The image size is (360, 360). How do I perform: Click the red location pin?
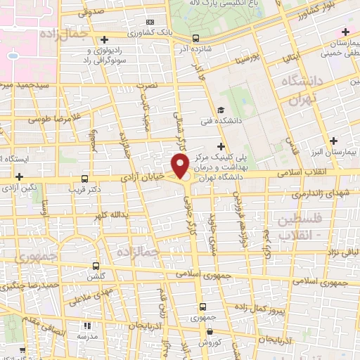point(181,165)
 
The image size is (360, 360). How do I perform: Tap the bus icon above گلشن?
point(96,266)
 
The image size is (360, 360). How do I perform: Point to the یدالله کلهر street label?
point(110,214)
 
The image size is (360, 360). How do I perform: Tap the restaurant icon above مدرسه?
point(87,326)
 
